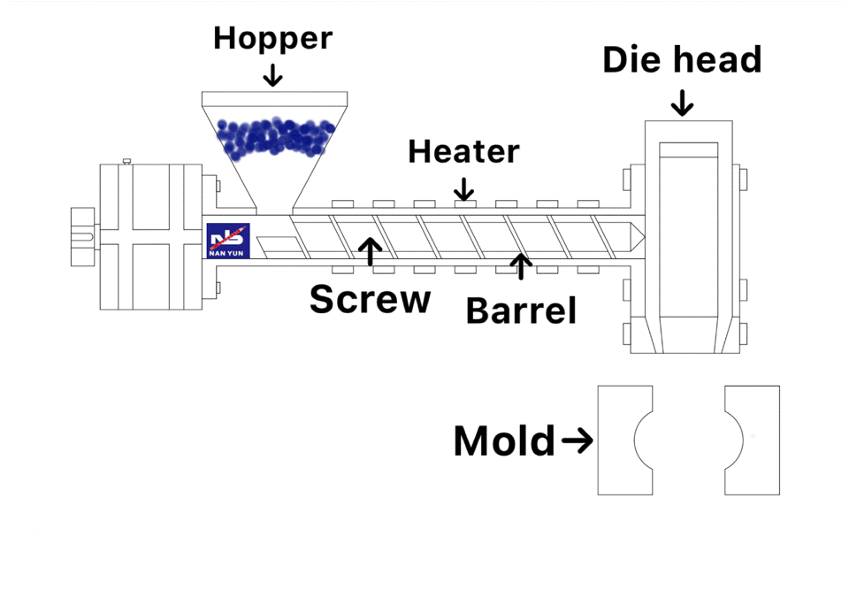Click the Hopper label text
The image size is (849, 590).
click(272, 38)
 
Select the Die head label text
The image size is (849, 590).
click(682, 59)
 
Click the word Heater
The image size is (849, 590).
click(463, 151)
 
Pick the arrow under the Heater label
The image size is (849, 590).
click(464, 188)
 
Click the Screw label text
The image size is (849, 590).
click(370, 300)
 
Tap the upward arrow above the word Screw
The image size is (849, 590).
click(371, 251)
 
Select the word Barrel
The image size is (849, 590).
click(521, 310)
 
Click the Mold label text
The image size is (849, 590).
click(504, 441)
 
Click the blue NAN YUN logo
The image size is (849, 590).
click(228, 241)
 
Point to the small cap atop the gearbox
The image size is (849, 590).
click(126, 161)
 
